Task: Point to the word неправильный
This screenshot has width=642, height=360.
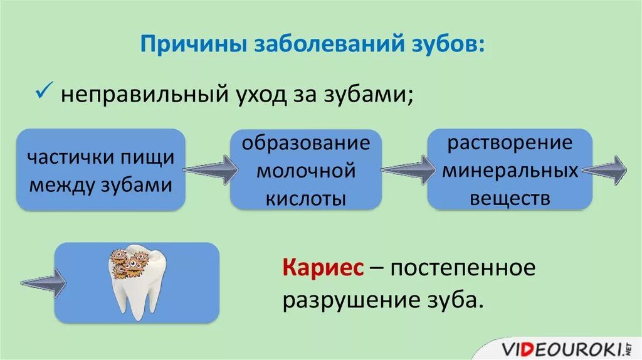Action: [143, 95]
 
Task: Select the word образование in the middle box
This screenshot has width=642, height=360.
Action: [306, 142]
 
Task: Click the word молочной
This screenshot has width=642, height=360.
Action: [306, 170]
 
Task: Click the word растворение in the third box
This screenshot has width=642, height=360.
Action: [509, 142]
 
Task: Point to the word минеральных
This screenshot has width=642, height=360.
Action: [509, 170]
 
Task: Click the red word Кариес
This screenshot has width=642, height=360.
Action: [323, 268]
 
